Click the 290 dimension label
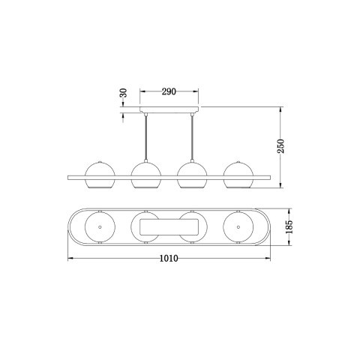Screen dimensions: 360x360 coord(169,91)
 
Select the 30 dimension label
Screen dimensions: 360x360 coord(124,93)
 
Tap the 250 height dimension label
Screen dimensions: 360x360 coord(280,146)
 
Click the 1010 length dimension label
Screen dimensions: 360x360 coord(169,258)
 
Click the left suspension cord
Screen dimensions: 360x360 coord(145,137)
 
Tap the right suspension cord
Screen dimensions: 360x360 coord(192,137)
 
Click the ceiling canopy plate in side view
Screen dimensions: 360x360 coord(169,109)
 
